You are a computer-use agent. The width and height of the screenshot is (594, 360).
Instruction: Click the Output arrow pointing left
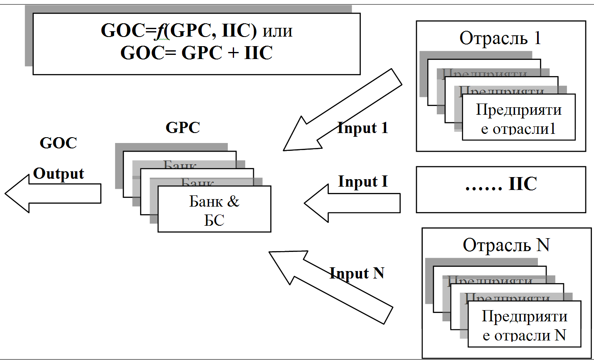coord(54,194)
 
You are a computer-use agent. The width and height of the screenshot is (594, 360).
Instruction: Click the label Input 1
coord(363,128)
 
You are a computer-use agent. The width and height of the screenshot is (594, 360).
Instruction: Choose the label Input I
coord(363,182)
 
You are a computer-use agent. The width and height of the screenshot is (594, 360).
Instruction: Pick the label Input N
coord(357,273)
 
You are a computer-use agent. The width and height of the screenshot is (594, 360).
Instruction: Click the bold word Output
coord(59,173)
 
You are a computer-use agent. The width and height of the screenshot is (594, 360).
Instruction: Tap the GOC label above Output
coord(59,143)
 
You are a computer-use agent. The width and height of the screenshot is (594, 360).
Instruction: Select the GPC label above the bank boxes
coord(183,128)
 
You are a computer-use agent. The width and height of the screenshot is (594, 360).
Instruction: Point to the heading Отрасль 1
coord(500,38)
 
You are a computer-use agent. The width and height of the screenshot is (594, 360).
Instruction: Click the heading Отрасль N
coord(506,245)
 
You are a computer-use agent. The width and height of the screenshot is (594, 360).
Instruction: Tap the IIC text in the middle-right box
coord(523,184)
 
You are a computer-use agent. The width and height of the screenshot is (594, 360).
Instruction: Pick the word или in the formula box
coord(277,31)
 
